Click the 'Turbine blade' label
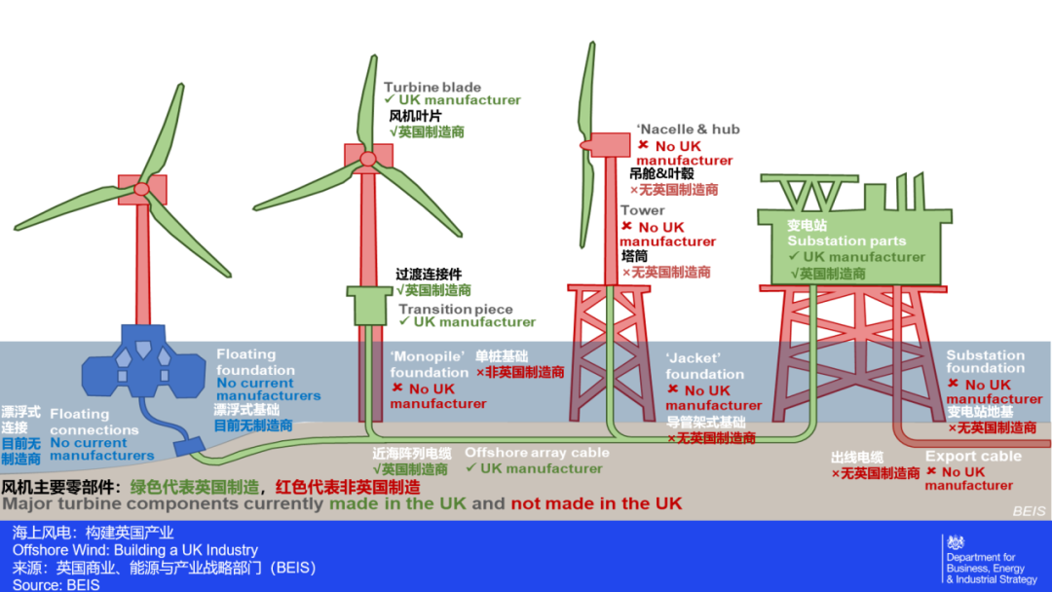coord(432,87)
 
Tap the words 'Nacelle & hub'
coord(690,129)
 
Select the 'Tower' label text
coord(642,210)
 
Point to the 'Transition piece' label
coord(455,309)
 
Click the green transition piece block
coord(368,306)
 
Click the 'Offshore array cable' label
coord(537,452)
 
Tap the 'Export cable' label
coord(973,457)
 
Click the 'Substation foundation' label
coord(985,361)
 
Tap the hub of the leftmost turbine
coord(142,188)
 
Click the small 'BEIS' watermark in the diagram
coord(1029,511)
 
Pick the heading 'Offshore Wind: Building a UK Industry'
coord(135,550)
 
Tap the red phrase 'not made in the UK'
coord(596,503)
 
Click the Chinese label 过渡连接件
coord(429,275)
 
